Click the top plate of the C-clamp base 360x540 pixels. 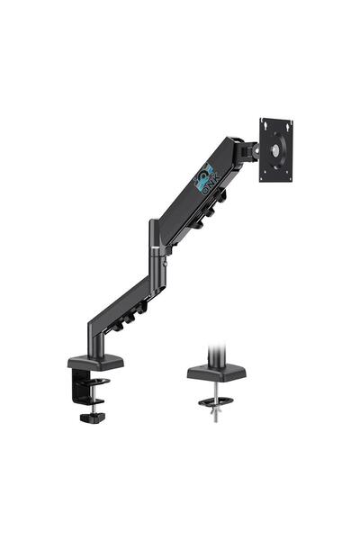pos(95,362)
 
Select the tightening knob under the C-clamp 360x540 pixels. pos(91,417)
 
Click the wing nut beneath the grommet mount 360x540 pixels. pos(213,411)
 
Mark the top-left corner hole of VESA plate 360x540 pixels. pos(264,121)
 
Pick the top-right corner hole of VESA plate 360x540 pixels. pos(290,121)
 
